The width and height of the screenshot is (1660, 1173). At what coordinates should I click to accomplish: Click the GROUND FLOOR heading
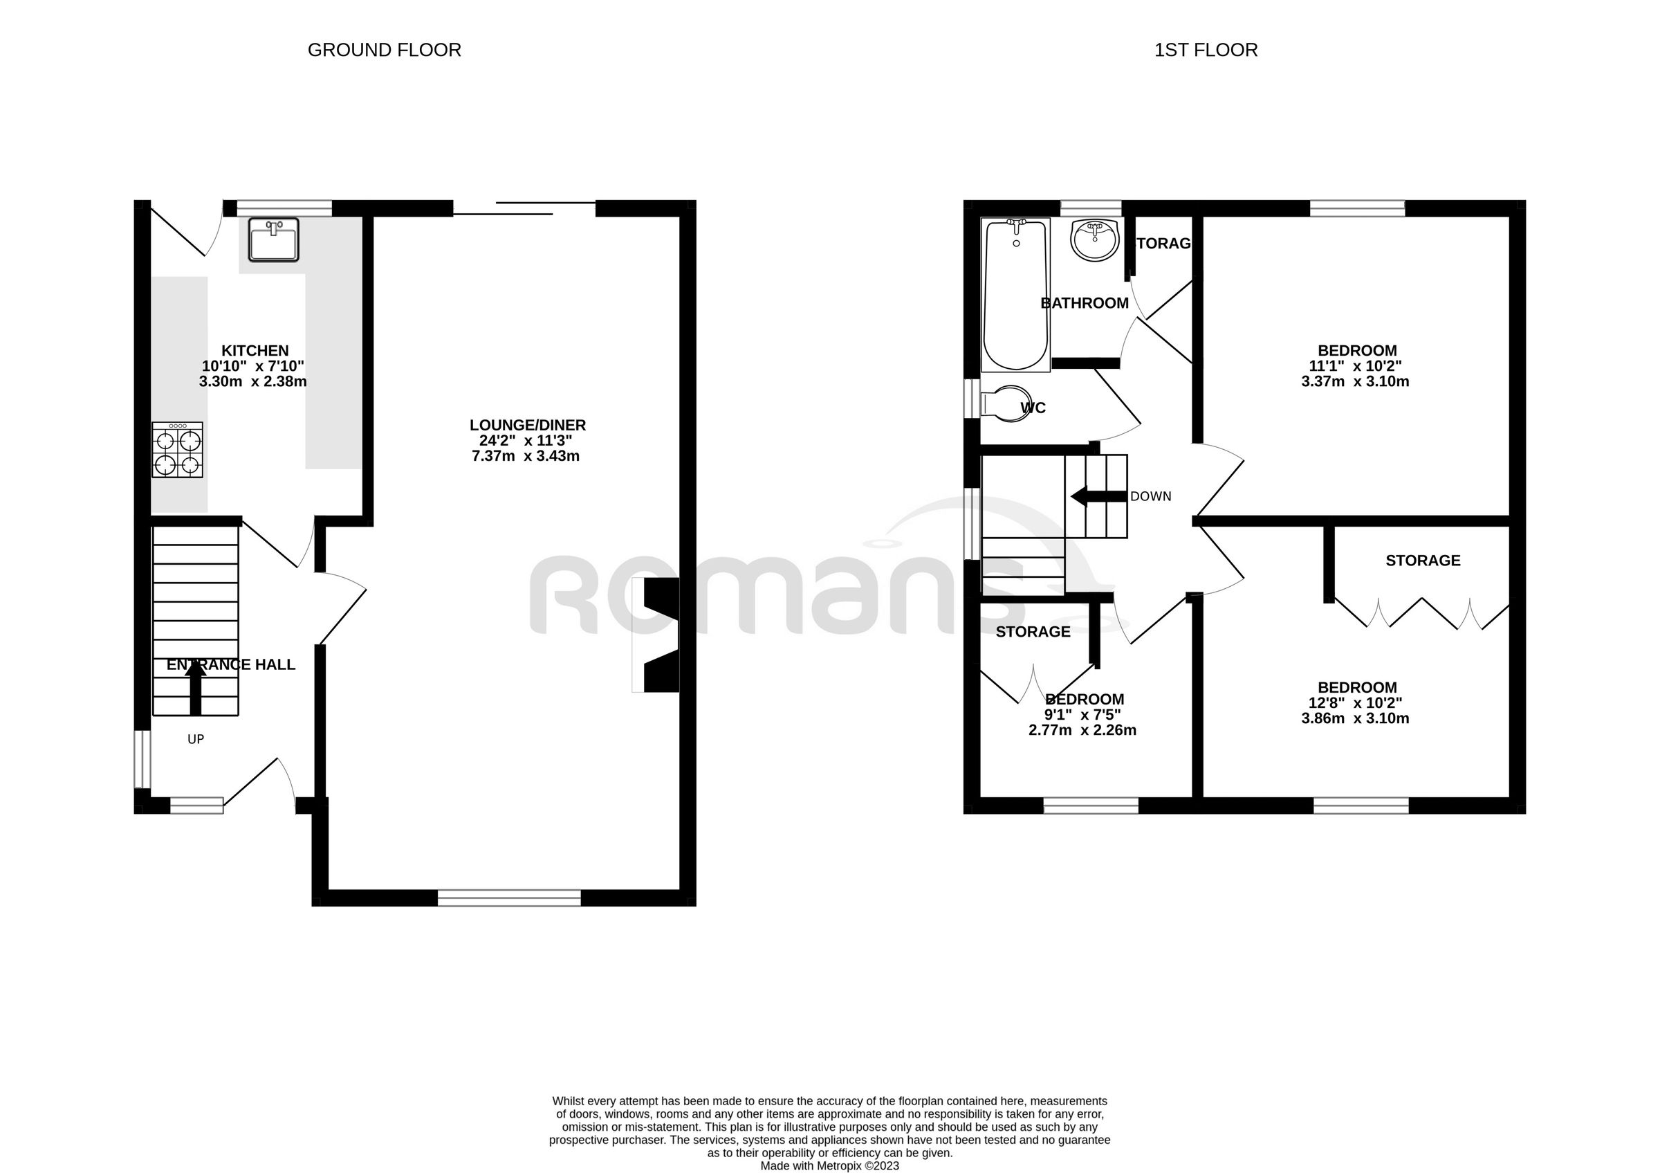pos(384,50)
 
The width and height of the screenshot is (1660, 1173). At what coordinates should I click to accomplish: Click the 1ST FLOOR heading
pos(1206,50)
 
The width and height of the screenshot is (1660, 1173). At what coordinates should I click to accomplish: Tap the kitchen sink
pos(273,239)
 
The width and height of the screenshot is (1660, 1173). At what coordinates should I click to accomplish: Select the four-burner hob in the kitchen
pos(177,450)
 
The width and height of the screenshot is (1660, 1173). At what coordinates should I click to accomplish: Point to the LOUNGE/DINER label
pos(527,425)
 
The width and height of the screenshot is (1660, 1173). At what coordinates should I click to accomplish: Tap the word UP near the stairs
pos(195,739)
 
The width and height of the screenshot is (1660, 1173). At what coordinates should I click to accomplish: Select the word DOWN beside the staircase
pos(1150,497)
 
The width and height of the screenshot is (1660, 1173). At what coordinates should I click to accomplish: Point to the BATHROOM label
pos(1084,304)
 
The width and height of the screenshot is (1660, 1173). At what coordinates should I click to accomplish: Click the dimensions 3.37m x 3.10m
pos(1355,382)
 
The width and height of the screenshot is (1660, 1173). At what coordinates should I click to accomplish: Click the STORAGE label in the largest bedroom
pos(1422,561)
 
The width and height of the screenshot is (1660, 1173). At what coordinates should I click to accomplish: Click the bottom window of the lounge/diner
pos(509,898)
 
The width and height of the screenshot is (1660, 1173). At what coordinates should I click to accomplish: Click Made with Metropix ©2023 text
pos(829,1166)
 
